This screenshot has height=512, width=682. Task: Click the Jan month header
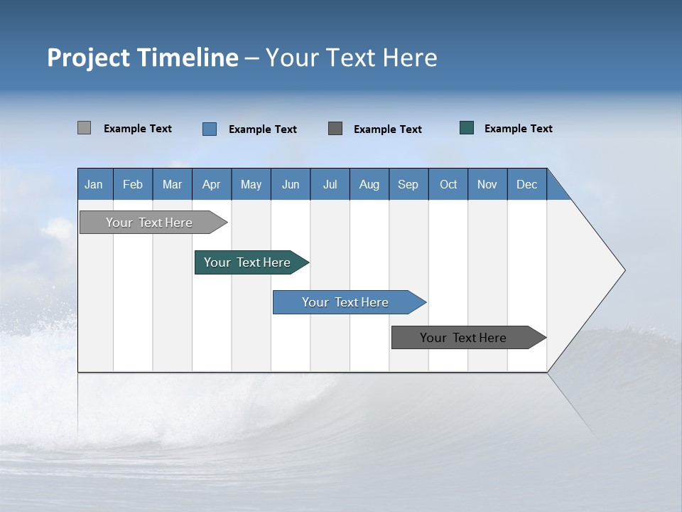click(94, 184)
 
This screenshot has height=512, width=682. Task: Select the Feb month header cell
click(133, 184)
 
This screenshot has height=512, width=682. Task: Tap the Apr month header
click(211, 184)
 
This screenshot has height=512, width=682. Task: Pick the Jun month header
click(291, 184)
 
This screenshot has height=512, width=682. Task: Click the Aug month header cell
click(369, 184)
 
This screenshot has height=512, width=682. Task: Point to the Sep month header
click(408, 184)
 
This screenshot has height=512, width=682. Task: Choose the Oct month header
click(448, 184)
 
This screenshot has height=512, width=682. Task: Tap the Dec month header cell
click(526, 184)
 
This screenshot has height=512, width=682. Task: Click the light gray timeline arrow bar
click(149, 223)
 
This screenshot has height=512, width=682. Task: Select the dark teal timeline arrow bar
click(247, 262)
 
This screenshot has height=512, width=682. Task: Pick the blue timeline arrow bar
click(345, 302)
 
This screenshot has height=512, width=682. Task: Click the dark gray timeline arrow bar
click(463, 338)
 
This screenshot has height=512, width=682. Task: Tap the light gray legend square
click(84, 128)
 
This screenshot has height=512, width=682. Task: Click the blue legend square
click(210, 129)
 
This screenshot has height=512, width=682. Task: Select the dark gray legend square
click(335, 129)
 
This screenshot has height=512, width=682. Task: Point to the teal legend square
click(467, 128)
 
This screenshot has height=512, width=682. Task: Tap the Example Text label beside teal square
click(518, 129)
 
